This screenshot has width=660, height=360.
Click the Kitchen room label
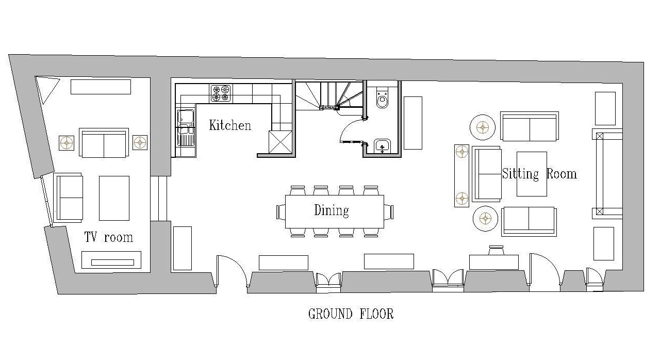click(x=230, y=125)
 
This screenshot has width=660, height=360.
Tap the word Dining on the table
click(x=332, y=210)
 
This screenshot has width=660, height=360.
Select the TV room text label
click(x=108, y=237)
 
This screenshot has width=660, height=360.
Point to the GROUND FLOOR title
click(x=351, y=314)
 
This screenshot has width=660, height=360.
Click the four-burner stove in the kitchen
click(x=221, y=93)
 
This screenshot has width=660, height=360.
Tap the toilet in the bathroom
click(x=383, y=97)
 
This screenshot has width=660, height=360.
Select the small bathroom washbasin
click(x=382, y=146)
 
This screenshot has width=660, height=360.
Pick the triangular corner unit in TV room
click(x=46, y=87)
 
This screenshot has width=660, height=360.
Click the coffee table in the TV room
click(x=114, y=198)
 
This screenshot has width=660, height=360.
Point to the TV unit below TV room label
click(x=111, y=260)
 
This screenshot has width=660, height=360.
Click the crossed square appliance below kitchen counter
click(x=280, y=142)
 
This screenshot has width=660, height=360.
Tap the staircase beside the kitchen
click(x=329, y=96)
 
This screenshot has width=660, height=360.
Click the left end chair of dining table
click(x=281, y=212)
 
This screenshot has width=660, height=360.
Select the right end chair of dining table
click(x=389, y=212)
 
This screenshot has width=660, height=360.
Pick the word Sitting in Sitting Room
click(x=520, y=174)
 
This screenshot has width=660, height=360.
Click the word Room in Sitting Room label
click(x=562, y=174)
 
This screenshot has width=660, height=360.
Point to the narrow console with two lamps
click(x=461, y=175)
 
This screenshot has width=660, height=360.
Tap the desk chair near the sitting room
click(x=496, y=250)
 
